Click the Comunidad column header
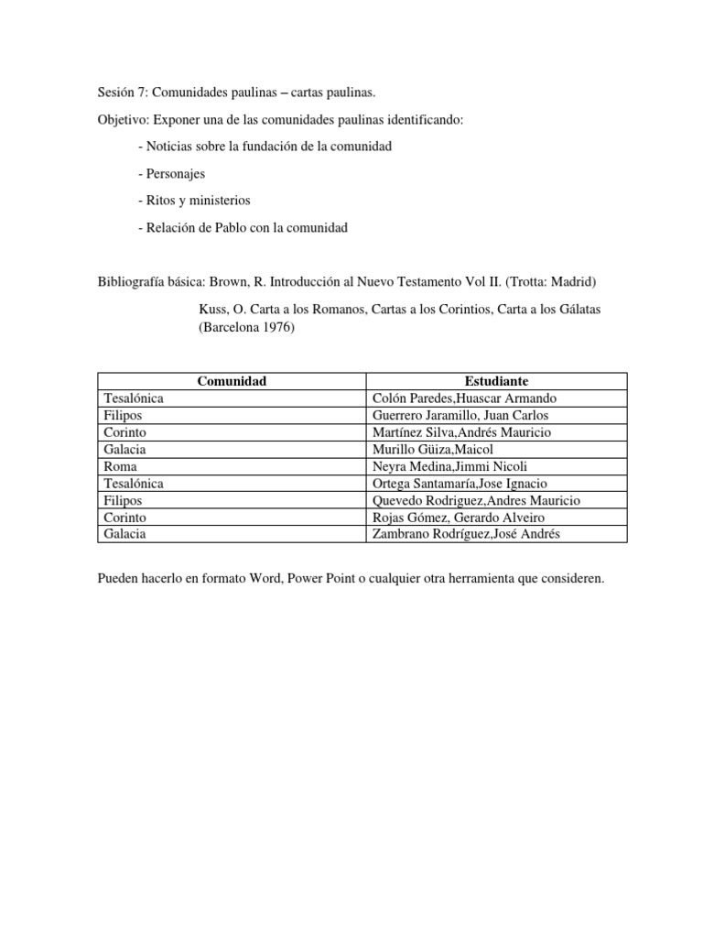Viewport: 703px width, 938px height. click(232, 381)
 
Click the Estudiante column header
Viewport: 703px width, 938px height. click(496, 381)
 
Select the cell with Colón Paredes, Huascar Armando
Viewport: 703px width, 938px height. click(465, 398)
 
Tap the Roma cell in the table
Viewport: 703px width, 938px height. click(122, 466)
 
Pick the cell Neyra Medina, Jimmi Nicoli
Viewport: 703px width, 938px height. click(444, 466)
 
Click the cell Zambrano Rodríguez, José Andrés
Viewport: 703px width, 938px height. click(466, 534)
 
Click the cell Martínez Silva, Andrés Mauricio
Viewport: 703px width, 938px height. click(462, 432)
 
